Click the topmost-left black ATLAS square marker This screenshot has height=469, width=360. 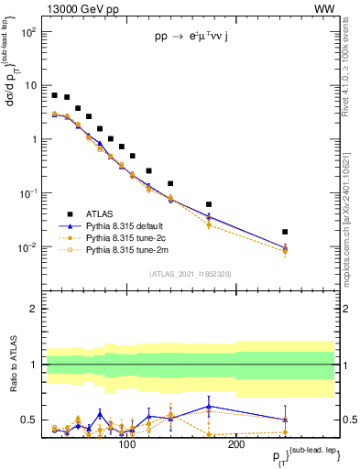55,95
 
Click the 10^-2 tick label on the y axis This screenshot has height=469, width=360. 28,247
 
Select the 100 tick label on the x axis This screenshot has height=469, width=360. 127,444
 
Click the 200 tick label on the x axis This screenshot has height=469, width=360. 235,444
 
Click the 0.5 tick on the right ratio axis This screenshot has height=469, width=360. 345,420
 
